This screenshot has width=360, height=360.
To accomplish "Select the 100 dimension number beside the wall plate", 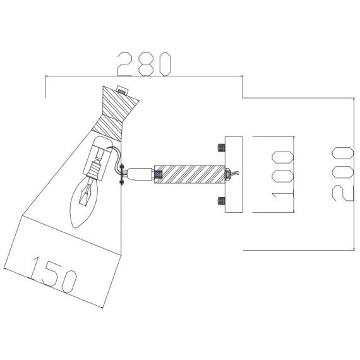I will click(x=283, y=174).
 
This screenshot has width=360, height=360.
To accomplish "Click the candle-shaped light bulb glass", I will click(x=85, y=201).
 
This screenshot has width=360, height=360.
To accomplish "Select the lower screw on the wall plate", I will click(x=220, y=201).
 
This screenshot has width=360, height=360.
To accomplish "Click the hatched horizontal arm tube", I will click(x=189, y=172).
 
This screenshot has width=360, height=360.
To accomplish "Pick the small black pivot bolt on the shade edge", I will click(x=121, y=171).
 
